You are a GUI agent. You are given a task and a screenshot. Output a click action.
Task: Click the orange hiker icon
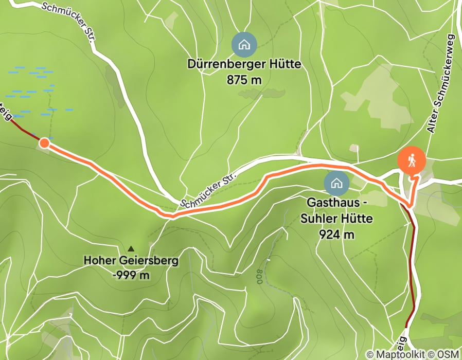(412, 160)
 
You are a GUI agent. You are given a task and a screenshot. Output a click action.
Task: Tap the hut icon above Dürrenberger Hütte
(244, 45)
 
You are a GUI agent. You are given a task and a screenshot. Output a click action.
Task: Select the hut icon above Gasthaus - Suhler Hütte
(336, 183)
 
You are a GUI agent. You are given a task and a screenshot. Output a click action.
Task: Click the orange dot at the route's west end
(44, 143)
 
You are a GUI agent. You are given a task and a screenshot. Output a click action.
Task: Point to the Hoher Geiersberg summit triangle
(131, 248)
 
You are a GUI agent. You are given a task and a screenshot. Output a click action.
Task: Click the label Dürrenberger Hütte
(244, 66)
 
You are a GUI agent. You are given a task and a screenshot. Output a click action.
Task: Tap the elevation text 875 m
(244, 80)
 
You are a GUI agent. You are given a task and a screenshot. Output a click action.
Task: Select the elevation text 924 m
(337, 235)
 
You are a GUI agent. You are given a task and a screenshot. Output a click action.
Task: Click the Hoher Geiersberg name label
(131, 261)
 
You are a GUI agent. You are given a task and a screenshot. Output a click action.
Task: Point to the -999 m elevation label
(131, 275)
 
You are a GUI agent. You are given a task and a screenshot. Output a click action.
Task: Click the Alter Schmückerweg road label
(441, 85)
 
